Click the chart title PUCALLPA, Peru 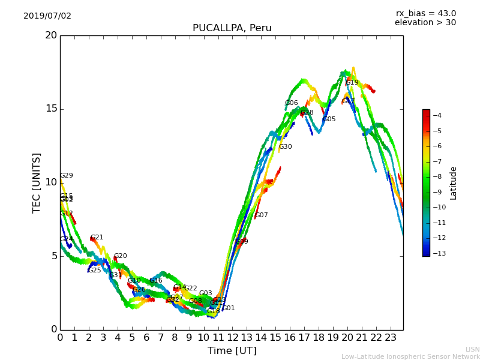232,28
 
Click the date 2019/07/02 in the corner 47,16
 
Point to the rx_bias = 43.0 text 425,14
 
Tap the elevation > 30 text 425,23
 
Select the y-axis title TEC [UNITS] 37,182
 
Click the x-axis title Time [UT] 232,350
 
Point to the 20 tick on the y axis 51,35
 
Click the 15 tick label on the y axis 51,109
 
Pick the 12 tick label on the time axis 232,337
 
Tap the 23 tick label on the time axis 391,337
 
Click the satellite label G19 352,83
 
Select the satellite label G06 292,103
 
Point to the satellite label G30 286,147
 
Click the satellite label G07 262,215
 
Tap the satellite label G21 97,238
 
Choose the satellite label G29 67,176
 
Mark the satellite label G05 329,119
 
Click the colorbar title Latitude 454,182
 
